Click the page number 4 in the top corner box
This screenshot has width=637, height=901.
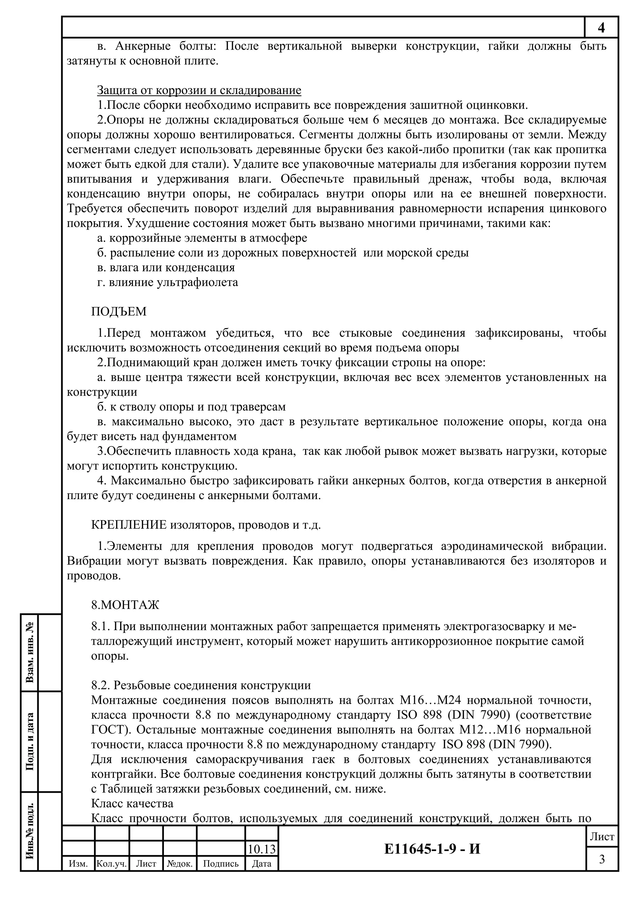click(601, 27)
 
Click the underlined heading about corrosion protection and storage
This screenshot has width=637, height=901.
click(199, 90)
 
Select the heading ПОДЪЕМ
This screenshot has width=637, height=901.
click(119, 312)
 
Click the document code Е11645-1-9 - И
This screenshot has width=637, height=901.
click(432, 849)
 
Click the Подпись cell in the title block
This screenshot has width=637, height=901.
click(221, 863)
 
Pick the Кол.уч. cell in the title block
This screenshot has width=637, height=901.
click(112, 863)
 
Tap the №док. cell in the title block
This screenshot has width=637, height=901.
click(179, 863)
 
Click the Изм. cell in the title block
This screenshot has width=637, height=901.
click(78, 863)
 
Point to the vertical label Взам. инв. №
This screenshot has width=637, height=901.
click(30, 652)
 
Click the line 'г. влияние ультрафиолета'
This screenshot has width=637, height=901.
click(168, 282)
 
